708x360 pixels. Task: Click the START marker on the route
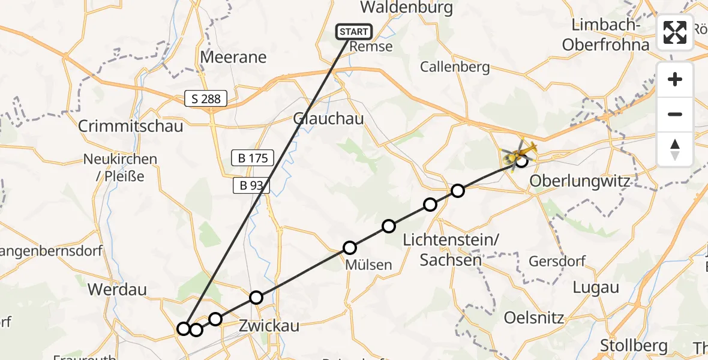(355, 32)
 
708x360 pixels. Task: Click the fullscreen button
(675, 32)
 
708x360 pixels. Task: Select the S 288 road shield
(206, 99)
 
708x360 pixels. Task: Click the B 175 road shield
(253, 158)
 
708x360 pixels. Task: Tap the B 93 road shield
(251, 186)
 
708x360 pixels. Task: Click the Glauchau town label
(328, 119)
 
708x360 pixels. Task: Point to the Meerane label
(233, 58)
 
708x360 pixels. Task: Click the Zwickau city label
(269, 326)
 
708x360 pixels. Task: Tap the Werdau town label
(117, 289)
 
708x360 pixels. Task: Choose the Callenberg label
(455, 67)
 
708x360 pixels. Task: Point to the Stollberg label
(634, 346)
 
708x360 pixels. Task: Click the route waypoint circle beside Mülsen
(350, 248)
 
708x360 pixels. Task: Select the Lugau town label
(596, 287)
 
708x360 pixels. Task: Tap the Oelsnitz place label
(534, 317)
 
